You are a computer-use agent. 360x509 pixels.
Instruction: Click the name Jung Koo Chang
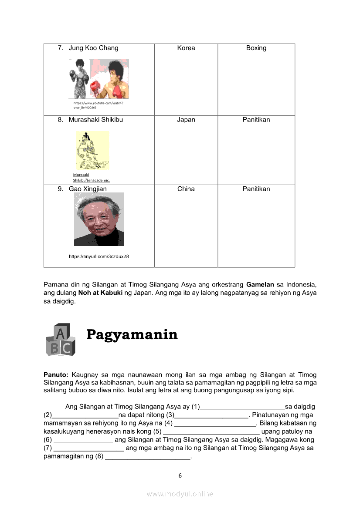pyautogui.click(x=93, y=48)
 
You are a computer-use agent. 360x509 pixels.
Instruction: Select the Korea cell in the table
pyautogui.click(x=186, y=48)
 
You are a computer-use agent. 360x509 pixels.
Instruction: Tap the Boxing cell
pyautogui.click(x=256, y=48)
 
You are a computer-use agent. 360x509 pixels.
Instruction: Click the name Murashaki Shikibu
pyautogui.click(x=95, y=120)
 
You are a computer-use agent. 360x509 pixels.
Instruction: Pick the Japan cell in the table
pyautogui.click(x=186, y=120)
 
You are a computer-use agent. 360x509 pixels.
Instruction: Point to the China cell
pyautogui.click(x=186, y=189)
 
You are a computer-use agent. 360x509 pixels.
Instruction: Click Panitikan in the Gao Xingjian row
pyautogui.click(x=256, y=189)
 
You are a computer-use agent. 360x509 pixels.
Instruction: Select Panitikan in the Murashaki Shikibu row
pyautogui.click(x=256, y=120)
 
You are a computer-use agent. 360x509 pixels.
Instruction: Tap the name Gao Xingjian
pyautogui.click(x=88, y=189)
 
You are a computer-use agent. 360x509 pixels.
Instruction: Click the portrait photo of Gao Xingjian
pyautogui.click(x=99, y=219)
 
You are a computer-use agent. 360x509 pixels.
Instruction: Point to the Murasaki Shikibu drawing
pyautogui.click(x=92, y=151)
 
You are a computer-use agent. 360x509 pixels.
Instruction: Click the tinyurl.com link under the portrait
pyautogui.click(x=99, y=256)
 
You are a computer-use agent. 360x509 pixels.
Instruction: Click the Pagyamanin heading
pyautogui.click(x=132, y=334)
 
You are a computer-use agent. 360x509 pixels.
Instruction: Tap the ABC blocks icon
pyautogui.click(x=60, y=339)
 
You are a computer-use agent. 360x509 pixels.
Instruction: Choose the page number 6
pyautogui.click(x=180, y=475)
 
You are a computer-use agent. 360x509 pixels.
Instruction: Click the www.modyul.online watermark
pyautogui.click(x=180, y=494)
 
